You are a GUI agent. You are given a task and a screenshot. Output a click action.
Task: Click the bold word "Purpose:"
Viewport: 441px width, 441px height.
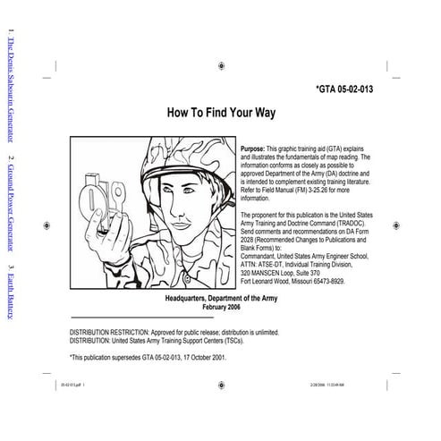(x=253, y=145)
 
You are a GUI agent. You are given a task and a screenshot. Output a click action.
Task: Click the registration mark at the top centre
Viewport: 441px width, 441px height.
(x=219, y=64)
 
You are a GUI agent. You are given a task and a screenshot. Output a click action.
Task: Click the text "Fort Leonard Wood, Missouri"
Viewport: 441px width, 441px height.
(x=276, y=281)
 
